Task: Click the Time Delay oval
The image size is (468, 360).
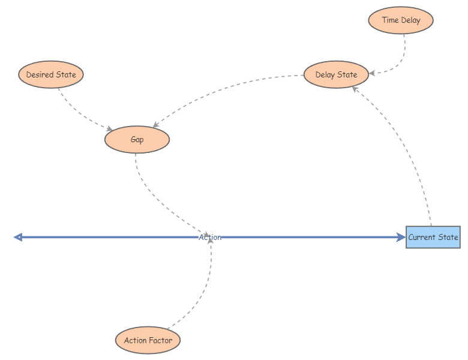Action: coord(400,20)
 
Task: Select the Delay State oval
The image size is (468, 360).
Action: coord(336,75)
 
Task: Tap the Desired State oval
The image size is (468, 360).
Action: coord(51,75)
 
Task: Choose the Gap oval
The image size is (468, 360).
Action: coord(137,140)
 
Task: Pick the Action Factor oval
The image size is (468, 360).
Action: coord(148,341)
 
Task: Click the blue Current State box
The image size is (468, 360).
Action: coord(433,237)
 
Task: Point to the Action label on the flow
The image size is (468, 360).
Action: coord(210,238)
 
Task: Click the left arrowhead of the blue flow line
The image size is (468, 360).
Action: coord(18,237)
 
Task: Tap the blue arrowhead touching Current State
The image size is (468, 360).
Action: coord(401,237)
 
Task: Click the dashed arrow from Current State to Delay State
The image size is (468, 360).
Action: coord(408,144)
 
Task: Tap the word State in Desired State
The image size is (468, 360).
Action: coord(65,75)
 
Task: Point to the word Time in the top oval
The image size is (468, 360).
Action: coord(390,20)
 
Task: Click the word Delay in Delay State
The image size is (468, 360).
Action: coord(326,75)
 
